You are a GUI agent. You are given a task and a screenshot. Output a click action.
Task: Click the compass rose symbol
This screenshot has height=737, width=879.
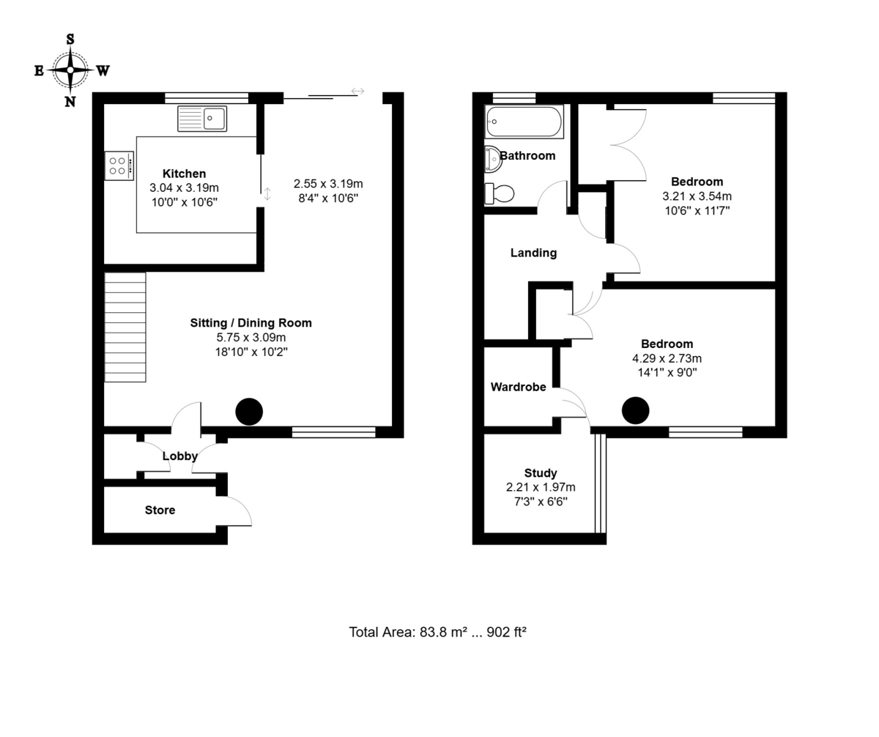click(70, 70)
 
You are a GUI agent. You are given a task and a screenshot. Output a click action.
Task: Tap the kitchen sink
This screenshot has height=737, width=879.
click(202, 118)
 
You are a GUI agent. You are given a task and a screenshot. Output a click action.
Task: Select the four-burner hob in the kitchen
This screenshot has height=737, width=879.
click(119, 166)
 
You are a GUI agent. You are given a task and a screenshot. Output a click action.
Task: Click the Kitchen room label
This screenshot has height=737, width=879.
click(184, 174)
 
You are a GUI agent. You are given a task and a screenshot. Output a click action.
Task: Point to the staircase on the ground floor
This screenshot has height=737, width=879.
click(125, 327)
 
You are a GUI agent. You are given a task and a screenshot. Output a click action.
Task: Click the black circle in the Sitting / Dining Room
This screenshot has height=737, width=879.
click(249, 412)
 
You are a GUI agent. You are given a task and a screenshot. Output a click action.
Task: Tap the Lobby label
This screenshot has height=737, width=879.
click(180, 456)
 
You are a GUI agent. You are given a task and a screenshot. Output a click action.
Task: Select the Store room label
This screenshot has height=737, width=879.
click(160, 510)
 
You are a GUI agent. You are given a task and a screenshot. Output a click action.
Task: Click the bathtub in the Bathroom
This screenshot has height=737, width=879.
click(524, 122)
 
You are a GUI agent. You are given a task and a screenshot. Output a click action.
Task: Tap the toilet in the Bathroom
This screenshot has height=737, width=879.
click(500, 193)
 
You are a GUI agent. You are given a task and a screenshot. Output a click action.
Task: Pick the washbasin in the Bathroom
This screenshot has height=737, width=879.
click(493, 158)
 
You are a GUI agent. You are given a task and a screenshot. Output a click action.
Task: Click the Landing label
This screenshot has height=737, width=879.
click(533, 253)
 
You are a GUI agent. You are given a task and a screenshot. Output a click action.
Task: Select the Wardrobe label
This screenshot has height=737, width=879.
click(518, 387)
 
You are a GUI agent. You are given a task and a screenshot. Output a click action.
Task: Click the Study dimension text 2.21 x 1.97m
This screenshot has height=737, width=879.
click(541, 487)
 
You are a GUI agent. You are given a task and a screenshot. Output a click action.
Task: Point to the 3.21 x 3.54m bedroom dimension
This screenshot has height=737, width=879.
click(697, 196)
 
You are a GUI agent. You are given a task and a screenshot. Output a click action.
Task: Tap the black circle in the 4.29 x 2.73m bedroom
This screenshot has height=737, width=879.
click(635, 411)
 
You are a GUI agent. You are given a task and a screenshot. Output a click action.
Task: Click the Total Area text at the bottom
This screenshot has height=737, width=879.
click(437, 632)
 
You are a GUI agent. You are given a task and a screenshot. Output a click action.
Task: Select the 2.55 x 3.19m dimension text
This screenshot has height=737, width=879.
click(328, 184)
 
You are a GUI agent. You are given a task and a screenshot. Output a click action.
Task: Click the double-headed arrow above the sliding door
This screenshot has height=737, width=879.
click(357, 92)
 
